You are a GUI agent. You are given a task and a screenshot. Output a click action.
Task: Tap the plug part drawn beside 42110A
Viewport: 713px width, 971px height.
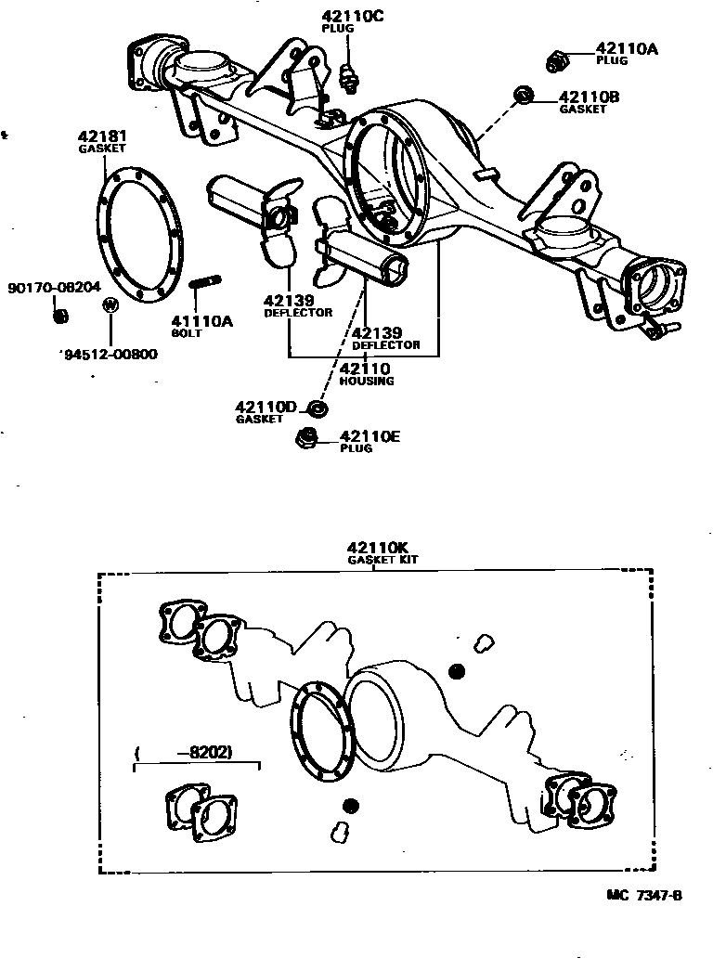pos(556,62)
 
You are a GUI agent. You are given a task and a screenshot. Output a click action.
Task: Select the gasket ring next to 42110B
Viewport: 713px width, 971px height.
pos(523,94)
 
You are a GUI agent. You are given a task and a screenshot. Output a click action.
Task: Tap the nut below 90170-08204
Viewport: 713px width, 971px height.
pos(60,317)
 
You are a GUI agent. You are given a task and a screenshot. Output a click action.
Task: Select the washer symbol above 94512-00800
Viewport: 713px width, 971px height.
pos(110,304)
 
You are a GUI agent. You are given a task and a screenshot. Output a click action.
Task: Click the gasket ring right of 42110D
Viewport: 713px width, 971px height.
pos(318,408)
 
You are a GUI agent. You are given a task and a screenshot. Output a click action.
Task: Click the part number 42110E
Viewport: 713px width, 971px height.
pos(369,436)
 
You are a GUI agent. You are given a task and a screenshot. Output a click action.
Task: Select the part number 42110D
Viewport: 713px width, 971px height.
pos(266,407)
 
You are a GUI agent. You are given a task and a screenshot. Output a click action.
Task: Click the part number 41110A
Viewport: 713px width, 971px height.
pos(203,321)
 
